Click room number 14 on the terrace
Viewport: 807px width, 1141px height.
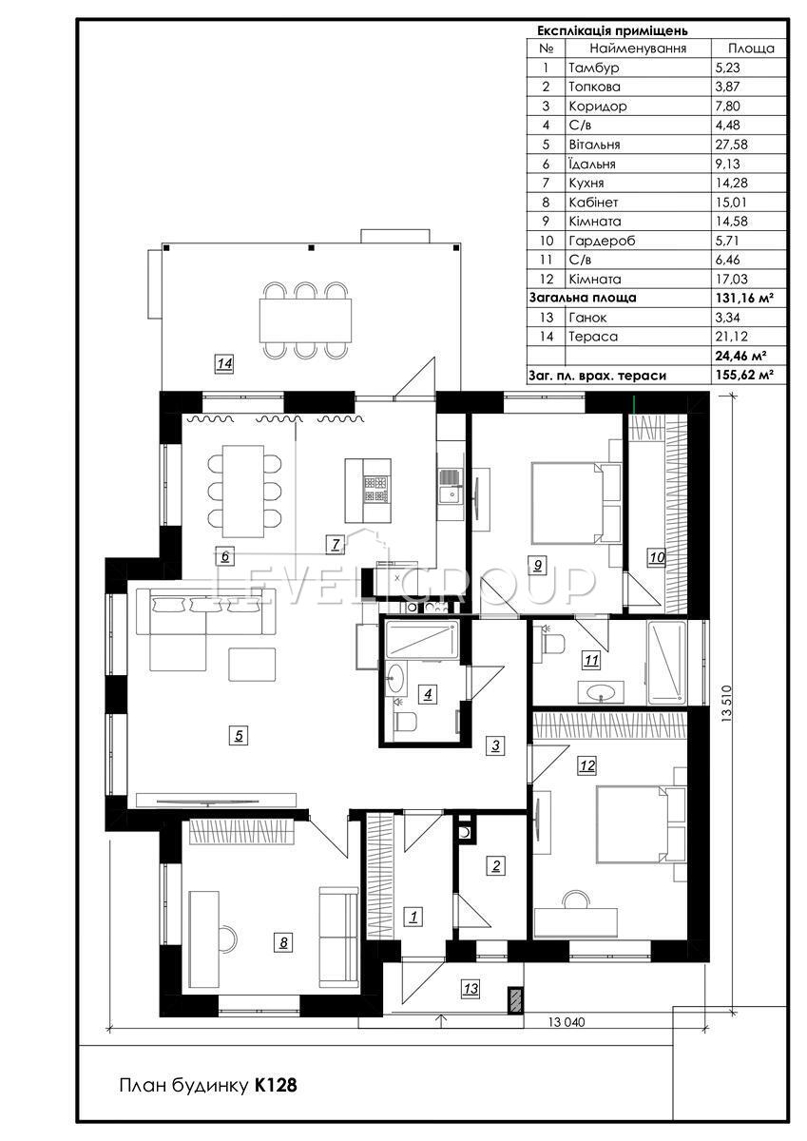click(224, 363)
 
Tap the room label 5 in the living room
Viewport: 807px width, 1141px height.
click(239, 736)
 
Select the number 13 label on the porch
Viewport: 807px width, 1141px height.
click(471, 988)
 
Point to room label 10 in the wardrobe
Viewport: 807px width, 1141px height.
click(657, 557)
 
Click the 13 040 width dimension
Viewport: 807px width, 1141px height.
click(567, 1022)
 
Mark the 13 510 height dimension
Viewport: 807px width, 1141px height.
click(726, 703)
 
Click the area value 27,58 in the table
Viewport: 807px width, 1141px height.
click(731, 145)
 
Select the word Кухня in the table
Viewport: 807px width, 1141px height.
click(586, 183)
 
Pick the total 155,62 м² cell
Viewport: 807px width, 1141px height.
click(744, 375)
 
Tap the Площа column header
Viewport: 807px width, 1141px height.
click(751, 48)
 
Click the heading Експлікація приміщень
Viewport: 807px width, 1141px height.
click(612, 30)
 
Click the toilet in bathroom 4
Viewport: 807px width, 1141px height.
click(405, 721)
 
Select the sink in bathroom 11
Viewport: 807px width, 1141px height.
click(601, 692)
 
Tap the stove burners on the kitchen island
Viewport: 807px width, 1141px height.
click(376, 490)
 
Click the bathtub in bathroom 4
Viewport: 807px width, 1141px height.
click(421, 639)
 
